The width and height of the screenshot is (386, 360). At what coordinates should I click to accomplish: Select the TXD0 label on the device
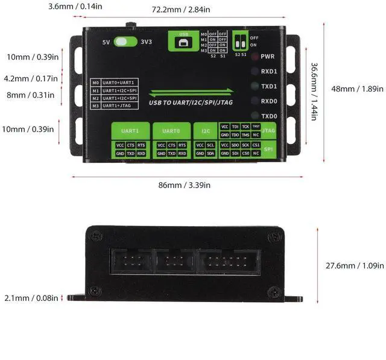coord(268,116)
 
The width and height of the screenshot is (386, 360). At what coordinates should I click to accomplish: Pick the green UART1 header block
coord(130,130)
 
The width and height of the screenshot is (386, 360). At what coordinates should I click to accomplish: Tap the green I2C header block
coord(204,130)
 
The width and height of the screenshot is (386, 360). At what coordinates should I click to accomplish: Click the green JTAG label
coord(269,130)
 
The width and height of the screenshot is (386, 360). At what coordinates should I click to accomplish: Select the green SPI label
coord(269,149)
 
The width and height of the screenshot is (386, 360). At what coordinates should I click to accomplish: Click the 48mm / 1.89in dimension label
coord(357,89)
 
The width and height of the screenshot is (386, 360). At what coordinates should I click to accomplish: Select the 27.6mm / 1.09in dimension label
coord(355,265)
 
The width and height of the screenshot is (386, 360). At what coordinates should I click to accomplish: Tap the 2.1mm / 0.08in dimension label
coord(31,297)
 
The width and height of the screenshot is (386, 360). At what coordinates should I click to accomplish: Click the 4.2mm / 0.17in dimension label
coord(31,78)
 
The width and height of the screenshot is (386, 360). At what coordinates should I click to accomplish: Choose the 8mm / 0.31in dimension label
coord(31,94)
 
